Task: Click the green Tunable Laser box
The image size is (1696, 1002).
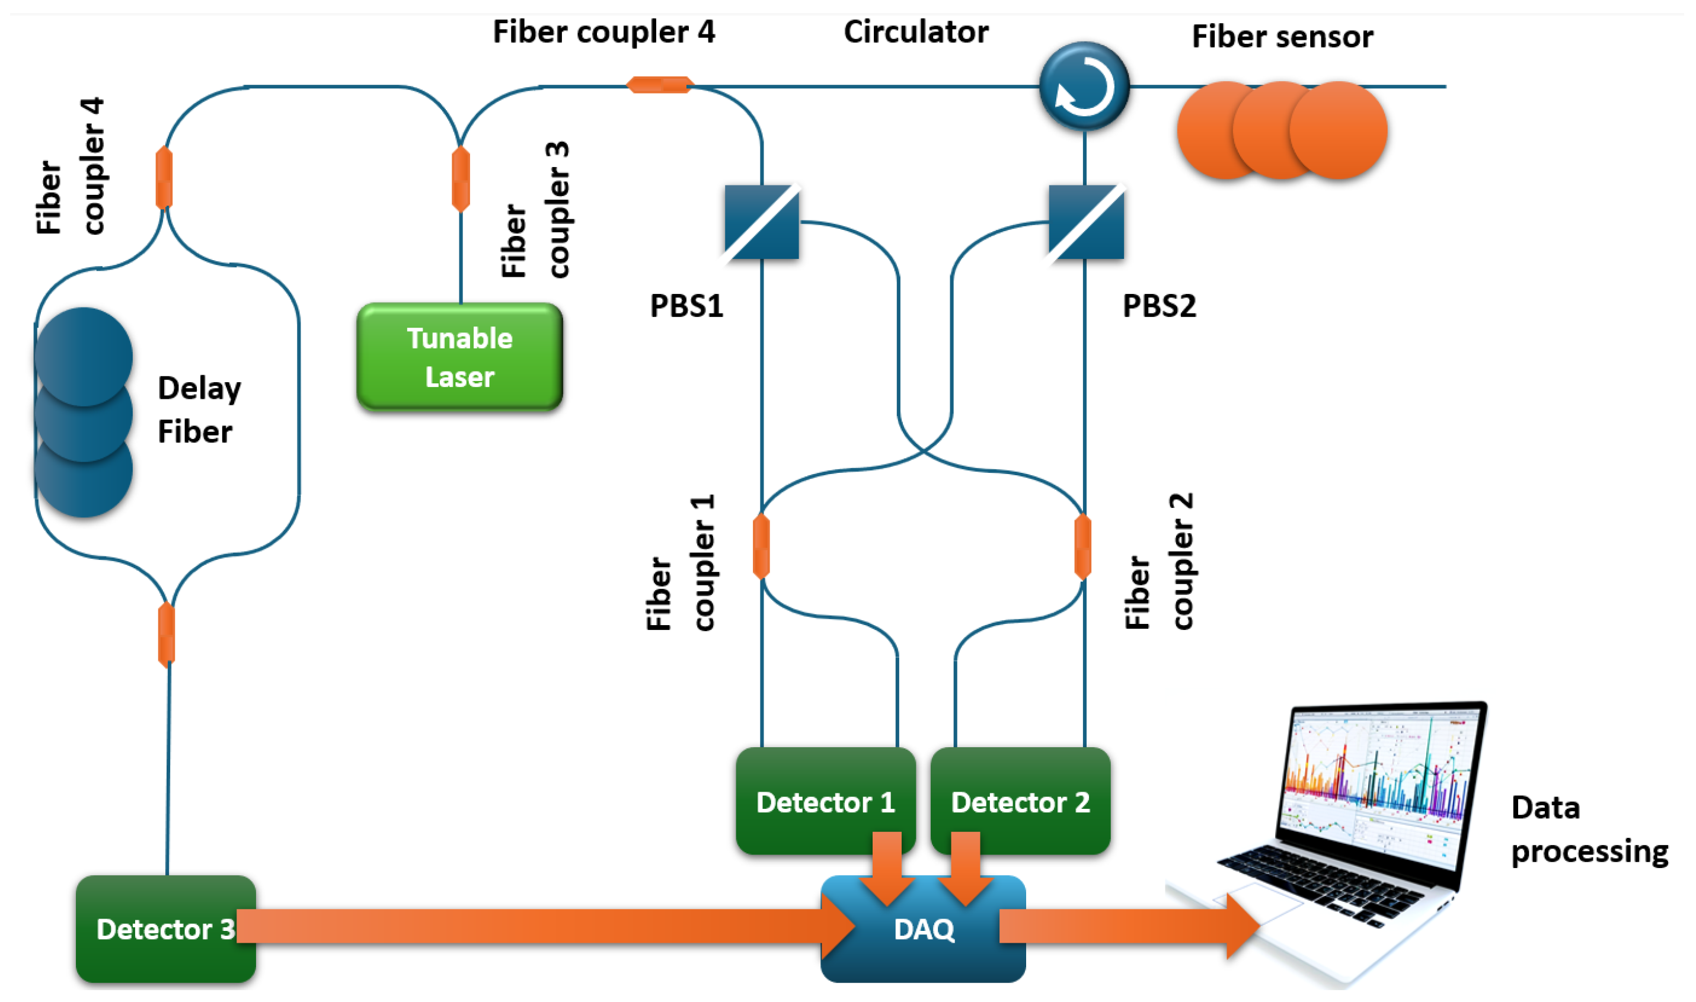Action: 459,357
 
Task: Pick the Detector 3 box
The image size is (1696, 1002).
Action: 165,929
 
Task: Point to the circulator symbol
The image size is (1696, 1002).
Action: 1084,87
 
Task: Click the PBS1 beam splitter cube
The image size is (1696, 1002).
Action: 761,222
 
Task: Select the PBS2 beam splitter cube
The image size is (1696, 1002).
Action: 1085,222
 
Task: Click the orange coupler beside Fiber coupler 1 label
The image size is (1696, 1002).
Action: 761,547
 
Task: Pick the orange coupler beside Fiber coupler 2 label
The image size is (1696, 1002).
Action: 1082,547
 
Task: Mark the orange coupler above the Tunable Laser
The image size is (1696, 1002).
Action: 460,179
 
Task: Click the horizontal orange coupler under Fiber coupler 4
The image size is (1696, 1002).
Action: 659,85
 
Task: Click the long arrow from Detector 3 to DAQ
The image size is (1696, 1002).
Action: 541,926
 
